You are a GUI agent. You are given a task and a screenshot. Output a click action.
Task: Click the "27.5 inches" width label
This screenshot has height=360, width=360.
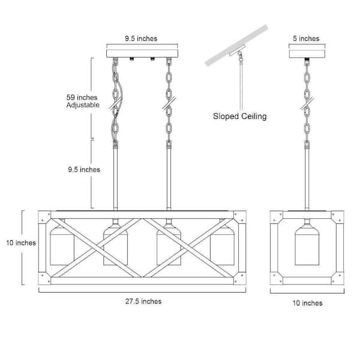point(143,301)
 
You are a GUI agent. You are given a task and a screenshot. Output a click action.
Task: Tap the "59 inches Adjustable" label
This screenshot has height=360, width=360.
point(83,101)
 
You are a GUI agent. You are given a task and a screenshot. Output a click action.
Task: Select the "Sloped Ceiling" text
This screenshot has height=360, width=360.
point(239,116)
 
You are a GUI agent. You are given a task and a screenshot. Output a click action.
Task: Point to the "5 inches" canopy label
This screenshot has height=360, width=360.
point(306,38)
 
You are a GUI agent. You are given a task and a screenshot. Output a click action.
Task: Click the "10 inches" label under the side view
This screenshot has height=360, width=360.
point(307,303)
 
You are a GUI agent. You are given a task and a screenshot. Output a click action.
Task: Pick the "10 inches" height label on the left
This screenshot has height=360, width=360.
point(21,242)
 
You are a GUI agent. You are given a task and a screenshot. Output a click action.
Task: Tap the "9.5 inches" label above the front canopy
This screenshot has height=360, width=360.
point(141,38)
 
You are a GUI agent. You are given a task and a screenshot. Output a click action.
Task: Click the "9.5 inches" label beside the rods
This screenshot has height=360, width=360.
point(84,170)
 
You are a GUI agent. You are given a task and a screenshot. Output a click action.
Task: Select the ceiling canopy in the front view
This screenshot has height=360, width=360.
point(142,53)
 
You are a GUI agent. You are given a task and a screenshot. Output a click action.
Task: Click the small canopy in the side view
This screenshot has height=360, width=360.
point(307,53)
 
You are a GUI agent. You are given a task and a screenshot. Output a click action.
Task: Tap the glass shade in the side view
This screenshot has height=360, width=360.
point(307,245)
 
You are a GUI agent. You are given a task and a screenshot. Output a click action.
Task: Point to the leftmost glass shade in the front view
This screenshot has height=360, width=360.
point(62,245)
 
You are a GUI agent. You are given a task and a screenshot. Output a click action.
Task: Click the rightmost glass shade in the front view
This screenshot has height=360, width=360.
point(222,245)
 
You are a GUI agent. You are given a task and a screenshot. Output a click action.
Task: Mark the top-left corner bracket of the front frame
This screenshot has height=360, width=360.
point(44,217)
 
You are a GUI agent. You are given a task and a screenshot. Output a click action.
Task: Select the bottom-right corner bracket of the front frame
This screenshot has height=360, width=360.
point(240,278)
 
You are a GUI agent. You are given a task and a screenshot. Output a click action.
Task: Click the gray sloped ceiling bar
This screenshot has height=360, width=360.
point(236,45)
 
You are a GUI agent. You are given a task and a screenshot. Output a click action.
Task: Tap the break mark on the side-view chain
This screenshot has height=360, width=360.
point(307,103)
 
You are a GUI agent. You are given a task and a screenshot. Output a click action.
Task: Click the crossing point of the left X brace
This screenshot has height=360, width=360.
point(96,248)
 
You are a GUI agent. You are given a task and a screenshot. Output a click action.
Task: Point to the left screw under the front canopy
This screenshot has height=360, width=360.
point(132,59)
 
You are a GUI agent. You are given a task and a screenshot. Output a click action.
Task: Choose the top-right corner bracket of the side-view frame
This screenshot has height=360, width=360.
point(337,217)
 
